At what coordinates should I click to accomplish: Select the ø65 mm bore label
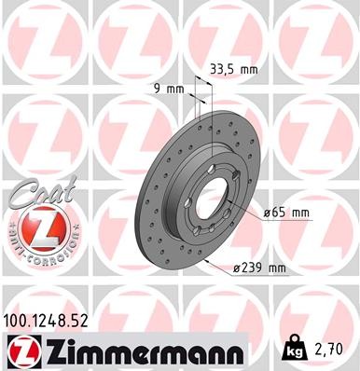click(286, 213)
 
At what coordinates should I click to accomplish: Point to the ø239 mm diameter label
click(259, 269)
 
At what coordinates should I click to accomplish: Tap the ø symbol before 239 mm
click(237, 269)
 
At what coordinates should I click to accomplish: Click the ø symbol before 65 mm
click(269, 213)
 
